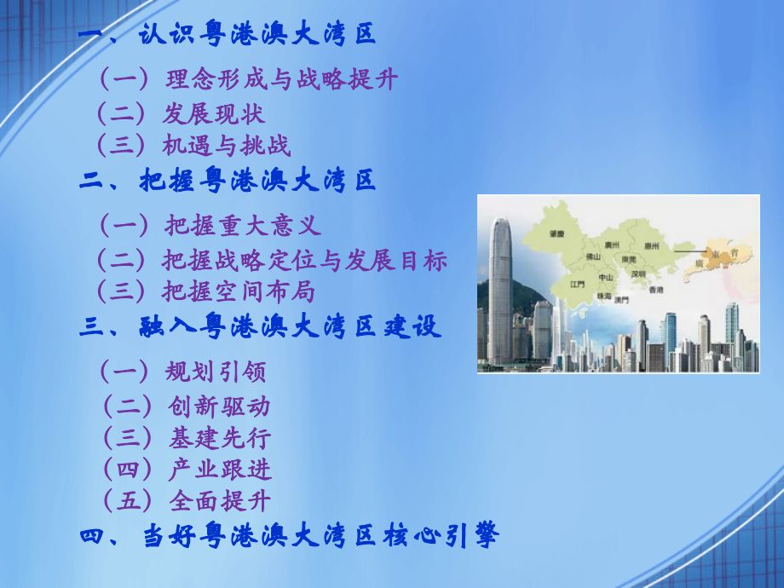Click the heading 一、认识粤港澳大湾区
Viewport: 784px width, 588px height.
tap(227, 36)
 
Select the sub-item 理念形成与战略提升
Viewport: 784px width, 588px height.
tap(247, 80)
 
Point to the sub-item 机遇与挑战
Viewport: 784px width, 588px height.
tap(193, 146)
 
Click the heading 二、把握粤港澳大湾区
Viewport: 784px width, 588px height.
tap(227, 181)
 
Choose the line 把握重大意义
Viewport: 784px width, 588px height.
tap(209, 226)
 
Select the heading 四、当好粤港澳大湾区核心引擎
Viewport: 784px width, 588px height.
tap(288, 536)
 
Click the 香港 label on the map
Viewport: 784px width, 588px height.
tap(656, 291)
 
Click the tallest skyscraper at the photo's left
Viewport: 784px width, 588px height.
tap(500, 290)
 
